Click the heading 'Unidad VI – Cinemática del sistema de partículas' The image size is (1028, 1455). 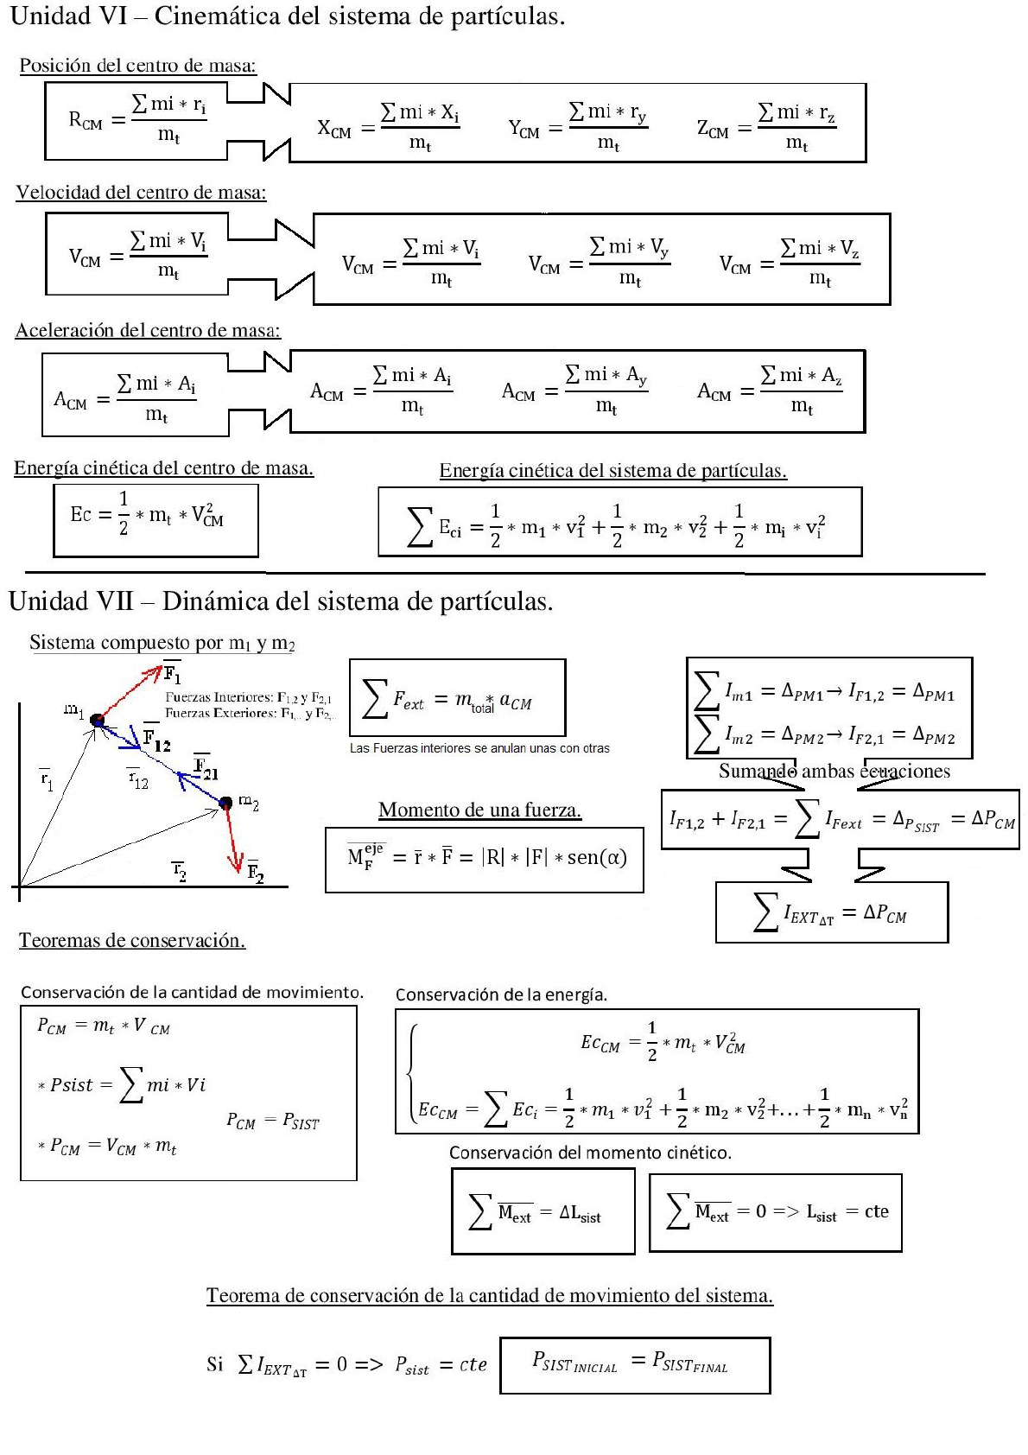(x=287, y=16)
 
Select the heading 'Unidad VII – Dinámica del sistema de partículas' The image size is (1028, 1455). (x=281, y=601)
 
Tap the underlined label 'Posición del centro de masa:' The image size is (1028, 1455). (x=138, y=66)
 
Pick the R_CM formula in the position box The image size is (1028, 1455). (x=136, y=119)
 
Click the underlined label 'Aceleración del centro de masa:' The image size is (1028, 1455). (x=148, y=330)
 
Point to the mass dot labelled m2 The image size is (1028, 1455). (x=225, y=804)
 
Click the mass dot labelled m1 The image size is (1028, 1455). (x=97, y=720)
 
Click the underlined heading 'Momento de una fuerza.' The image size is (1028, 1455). (x=479, y=810)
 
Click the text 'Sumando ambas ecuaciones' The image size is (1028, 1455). (x=834, y=772)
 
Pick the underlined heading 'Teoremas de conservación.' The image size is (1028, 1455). (x=132, y=940)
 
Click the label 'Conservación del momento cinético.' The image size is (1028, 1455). (x=590, y=1153)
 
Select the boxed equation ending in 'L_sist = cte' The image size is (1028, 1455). (x=776, y=1212)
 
